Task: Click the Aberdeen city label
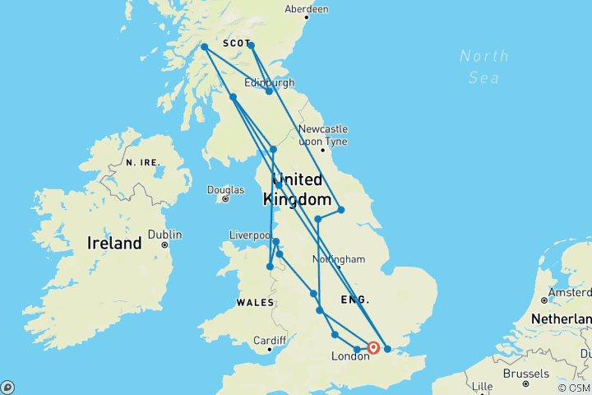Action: tap(306, 9)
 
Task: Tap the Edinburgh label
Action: tap(269, 83)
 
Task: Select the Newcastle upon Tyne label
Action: tap(322, 136)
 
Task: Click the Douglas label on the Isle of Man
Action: tap(225, 189)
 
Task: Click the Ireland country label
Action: tap(114, 244)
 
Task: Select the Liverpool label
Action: tap(251, 235)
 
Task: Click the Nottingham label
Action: tap(338, 259)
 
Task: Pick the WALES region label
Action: tap(255, 303)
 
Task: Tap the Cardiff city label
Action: tap(269, 340)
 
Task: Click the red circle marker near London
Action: tap(373, 348)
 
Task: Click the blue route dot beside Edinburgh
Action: tap(270, 91)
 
